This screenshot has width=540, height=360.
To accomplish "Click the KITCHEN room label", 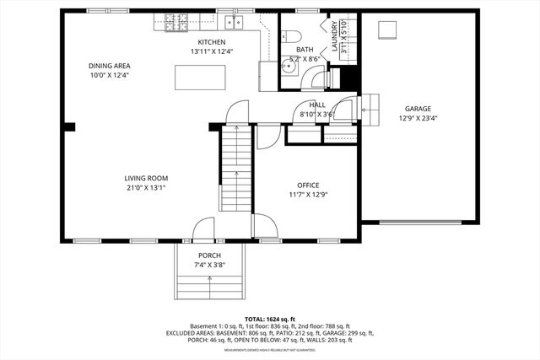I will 212,42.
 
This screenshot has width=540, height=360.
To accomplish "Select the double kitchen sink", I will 233,22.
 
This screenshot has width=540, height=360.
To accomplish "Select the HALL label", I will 317,105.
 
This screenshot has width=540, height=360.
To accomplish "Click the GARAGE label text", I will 418,109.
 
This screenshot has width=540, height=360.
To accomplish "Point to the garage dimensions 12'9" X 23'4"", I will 418,119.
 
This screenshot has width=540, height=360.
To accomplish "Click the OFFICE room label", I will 307,185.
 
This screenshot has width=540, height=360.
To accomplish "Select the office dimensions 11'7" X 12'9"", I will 307,195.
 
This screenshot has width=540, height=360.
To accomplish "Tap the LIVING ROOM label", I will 146,178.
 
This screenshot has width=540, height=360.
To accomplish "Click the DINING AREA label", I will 110,66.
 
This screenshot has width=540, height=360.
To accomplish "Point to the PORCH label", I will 209,255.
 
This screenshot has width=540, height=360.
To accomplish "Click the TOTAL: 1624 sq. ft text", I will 270,320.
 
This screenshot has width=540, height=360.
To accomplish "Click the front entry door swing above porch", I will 203,228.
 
